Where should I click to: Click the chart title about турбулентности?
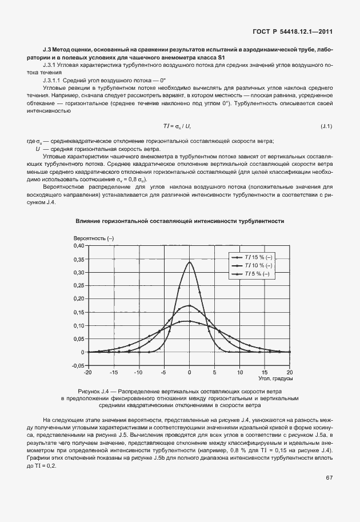(x=180, y=220)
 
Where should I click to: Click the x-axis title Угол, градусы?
(x=275, y=378)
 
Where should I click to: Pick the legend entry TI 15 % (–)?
(x=258, y=257)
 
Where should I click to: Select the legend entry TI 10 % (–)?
(x=258, y=265)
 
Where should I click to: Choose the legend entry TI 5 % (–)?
(x=258, y=274)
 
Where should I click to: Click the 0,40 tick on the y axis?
(x=78, y=245)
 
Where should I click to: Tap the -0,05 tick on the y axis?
(x=77, y=365)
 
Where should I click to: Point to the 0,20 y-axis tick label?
(x=78, y=298)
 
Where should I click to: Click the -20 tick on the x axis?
(x=87, y=372)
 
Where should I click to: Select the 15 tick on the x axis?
(x=265, y=372)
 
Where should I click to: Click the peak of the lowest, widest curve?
(x=189, y=321)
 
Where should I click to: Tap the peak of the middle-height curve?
(x=189, y=305)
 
